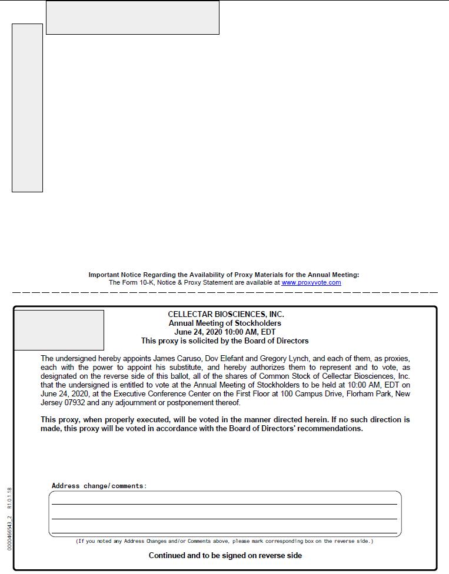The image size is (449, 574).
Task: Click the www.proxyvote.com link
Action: pos(311,283)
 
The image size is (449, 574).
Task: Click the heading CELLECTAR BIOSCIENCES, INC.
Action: pos(226,315)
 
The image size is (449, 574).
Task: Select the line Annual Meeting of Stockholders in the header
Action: pos(225,323)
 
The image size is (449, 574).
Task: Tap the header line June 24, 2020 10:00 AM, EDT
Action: pos(225,332)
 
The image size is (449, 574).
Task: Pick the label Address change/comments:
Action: pos(99,486)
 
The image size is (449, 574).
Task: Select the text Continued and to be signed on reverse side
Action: pos(225,556)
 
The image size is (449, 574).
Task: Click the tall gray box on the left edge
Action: pos(27,108)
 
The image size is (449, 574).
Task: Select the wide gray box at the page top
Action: pos(132,18)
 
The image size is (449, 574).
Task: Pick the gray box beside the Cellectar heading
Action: pos(59,330)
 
